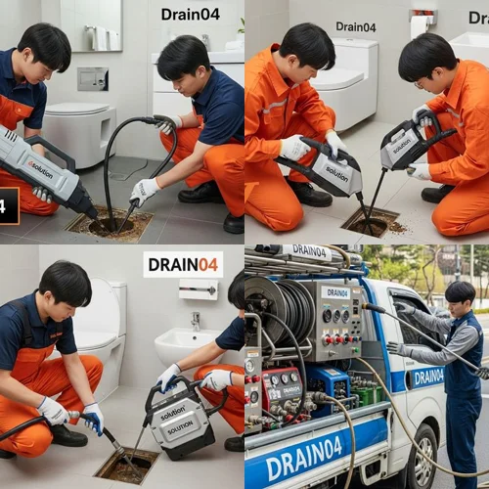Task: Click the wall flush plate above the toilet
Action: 93,79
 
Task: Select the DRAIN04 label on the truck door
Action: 426,377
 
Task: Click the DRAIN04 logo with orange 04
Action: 183,264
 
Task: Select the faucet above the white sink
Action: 197,320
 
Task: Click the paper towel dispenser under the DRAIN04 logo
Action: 198,289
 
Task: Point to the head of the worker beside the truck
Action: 460,293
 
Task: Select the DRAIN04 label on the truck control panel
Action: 335,292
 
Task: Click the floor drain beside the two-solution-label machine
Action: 126,465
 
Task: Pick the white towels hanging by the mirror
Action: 99,37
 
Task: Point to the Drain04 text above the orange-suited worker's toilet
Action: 355,26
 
